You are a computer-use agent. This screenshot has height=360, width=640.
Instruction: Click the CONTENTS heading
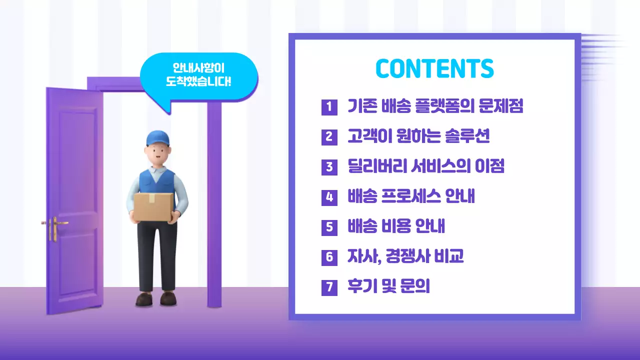[434, 69]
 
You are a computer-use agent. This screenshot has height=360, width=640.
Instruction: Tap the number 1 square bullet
[329, 106]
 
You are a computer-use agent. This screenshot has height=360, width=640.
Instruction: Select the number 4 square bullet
[329, 197]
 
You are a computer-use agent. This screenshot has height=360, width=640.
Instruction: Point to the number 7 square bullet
[329, 287]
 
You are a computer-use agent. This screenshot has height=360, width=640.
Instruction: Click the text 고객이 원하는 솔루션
[418, 136]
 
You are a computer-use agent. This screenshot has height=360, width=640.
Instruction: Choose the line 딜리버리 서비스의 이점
[426, 166]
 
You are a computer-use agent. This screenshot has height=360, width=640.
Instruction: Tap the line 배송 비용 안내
[396, 227]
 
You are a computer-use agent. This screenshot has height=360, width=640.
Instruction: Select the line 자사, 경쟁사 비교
[405, 257]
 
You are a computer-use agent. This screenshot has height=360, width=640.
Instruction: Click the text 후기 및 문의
[388, 287]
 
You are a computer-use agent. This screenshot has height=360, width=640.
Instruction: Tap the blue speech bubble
[199, 75]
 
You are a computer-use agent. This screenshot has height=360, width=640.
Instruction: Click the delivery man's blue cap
[158, 137]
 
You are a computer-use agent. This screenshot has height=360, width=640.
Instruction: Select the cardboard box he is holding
[153, 206]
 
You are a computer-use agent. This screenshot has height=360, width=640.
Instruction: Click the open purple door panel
[75, 200]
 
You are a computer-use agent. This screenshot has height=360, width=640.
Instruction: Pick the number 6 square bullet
[329, 257]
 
